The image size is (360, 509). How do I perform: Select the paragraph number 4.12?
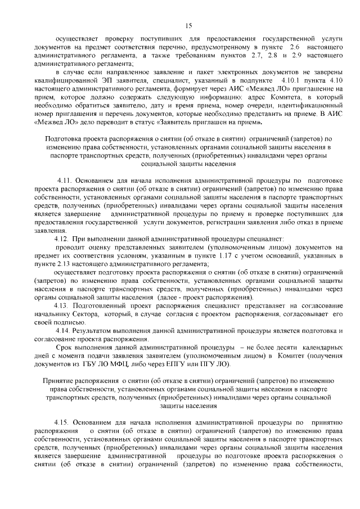coord(57,238)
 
